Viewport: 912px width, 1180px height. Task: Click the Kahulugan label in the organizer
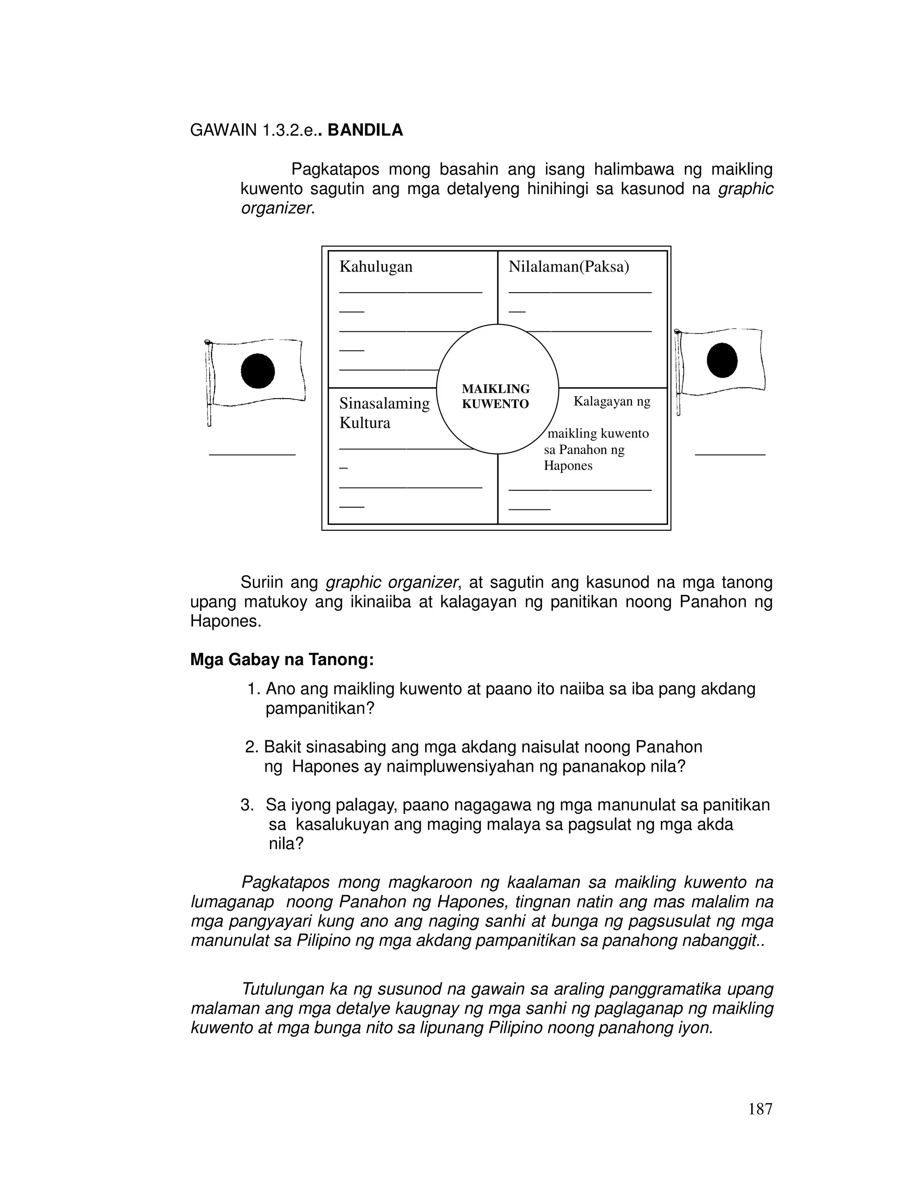pyautogui.click(x=375, y=267)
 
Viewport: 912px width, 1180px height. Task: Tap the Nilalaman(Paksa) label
pyautogui.click(x=568, y=267)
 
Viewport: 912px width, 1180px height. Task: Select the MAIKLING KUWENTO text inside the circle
pyautogui.click(x=496, y=396)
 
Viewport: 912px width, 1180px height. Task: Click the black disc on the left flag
pyautogui.click(x=258, y=371)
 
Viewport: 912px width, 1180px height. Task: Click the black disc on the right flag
pyautogui.click(x=722, y=360)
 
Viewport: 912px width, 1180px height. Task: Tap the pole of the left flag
pyautogui.click(x=208, y=383)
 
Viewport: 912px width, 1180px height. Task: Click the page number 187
pyautogui.click(x=760, y=1109)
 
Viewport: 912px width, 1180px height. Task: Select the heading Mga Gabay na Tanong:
pyautogui.click(x=282, y=660)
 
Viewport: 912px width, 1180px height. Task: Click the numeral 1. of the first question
pyautogui.click(x=254, y=689)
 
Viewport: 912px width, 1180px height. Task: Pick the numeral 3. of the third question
pyautogui.click(x=248, y=806)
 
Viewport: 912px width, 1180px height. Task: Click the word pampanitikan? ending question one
pyautogui.click(x=319, y=709)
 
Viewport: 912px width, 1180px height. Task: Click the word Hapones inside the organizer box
pyautogui.click(x=567, y=466)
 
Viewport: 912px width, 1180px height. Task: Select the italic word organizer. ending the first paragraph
pyautogui.click(x=277, y=208)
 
